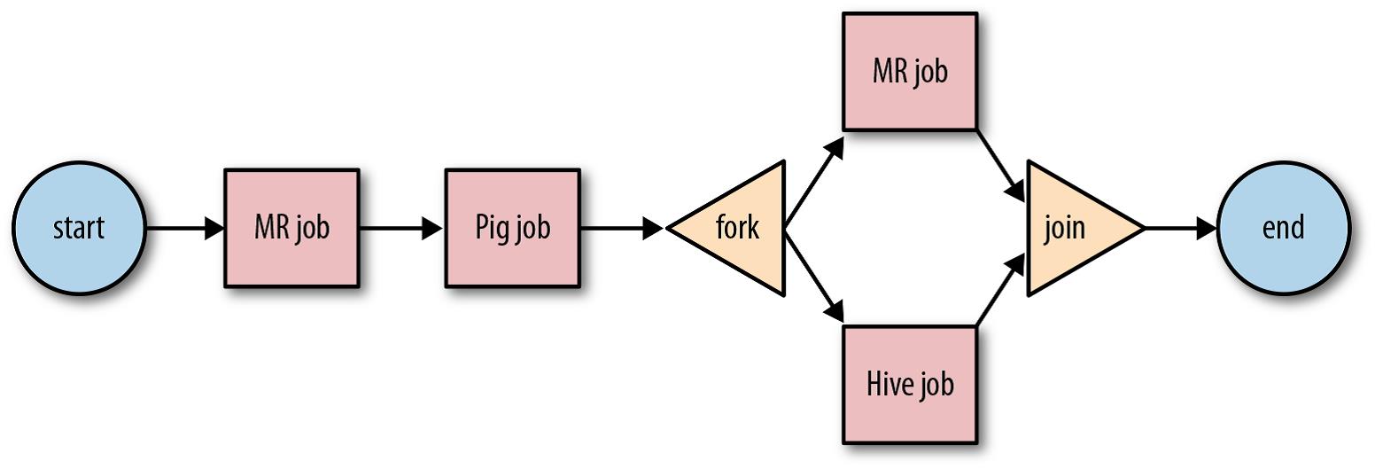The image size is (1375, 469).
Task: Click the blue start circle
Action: click(79, 228)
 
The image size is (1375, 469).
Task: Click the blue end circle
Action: click(1283, 228)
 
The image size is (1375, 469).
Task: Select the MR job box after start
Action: click(291, 228)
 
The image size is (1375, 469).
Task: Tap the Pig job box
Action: click(512, 228)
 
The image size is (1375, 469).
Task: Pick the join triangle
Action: click(1072, 228)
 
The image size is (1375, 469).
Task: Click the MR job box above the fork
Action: click(910, 71)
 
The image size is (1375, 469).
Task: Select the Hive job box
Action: click(910, 385)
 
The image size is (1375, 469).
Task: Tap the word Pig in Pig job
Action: click(491, 228)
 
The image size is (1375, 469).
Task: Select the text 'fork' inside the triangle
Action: click(737, 228)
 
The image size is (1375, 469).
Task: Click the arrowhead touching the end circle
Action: click(1207, 228)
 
